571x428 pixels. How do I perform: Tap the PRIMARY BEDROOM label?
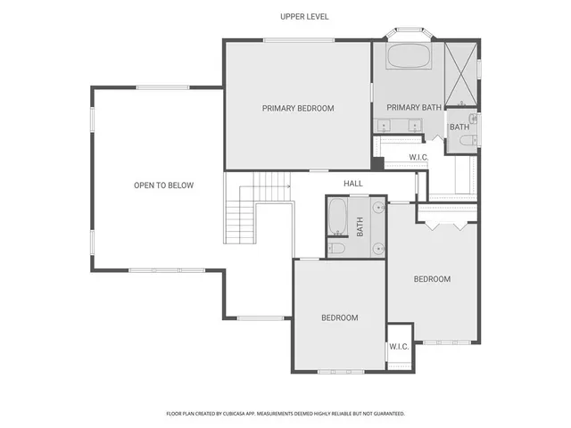tap(298, 109)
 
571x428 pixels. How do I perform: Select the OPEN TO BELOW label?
tap(163, 185)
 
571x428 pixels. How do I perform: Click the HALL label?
tap(353, 184)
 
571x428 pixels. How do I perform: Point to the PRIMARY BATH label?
tap(414, 108)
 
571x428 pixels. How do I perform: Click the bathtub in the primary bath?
tap(408, 58)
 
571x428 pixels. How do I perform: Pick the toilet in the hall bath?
tap(337, 248)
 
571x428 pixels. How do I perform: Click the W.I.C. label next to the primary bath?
tap(419, 158)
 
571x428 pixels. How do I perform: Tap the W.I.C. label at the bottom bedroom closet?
tap(399, 347)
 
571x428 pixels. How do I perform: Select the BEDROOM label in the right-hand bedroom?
tap(432, 279)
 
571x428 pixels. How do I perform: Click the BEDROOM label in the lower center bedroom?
tap(339, 318)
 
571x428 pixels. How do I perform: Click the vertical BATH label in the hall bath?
tap(360, 227)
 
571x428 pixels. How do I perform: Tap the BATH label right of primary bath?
tap(459, 128)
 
